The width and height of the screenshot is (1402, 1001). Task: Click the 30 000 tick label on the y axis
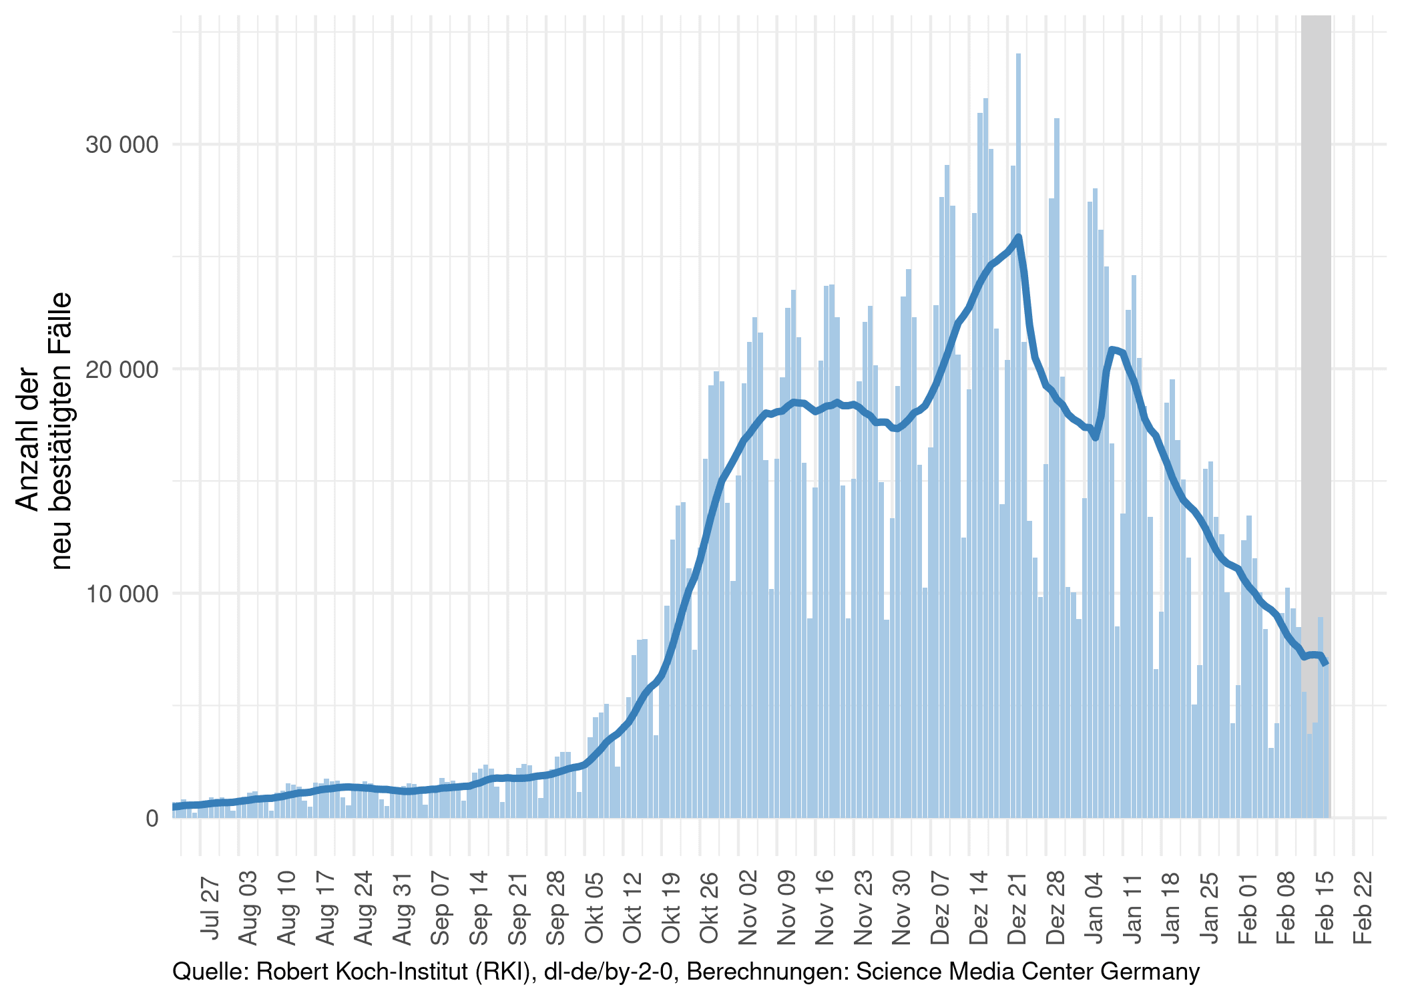point(122,145)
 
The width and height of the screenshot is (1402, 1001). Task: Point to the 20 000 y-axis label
point(122,369)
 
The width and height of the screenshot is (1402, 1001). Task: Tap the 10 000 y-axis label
point(122,594)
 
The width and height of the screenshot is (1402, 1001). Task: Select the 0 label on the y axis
point(152,818)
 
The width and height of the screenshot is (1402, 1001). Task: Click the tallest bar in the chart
point(1018,434)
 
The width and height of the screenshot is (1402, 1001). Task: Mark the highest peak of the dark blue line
point(1018,237)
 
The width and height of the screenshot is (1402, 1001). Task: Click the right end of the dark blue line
point(1326,663)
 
